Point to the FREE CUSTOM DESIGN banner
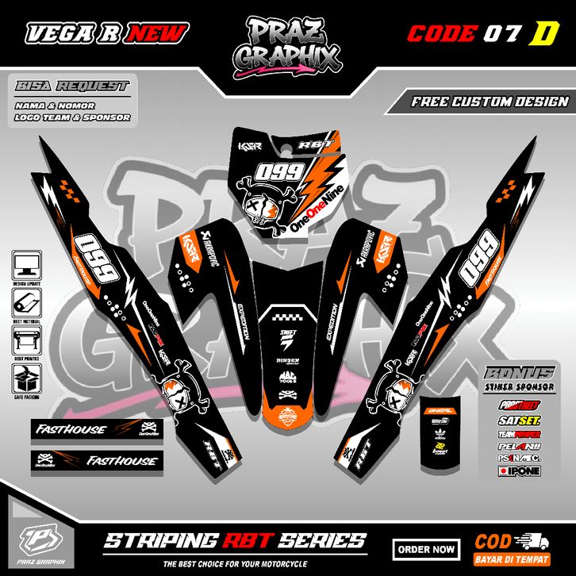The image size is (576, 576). click(x=490, y=102)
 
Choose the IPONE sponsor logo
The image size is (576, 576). click(x=519, y=470)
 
